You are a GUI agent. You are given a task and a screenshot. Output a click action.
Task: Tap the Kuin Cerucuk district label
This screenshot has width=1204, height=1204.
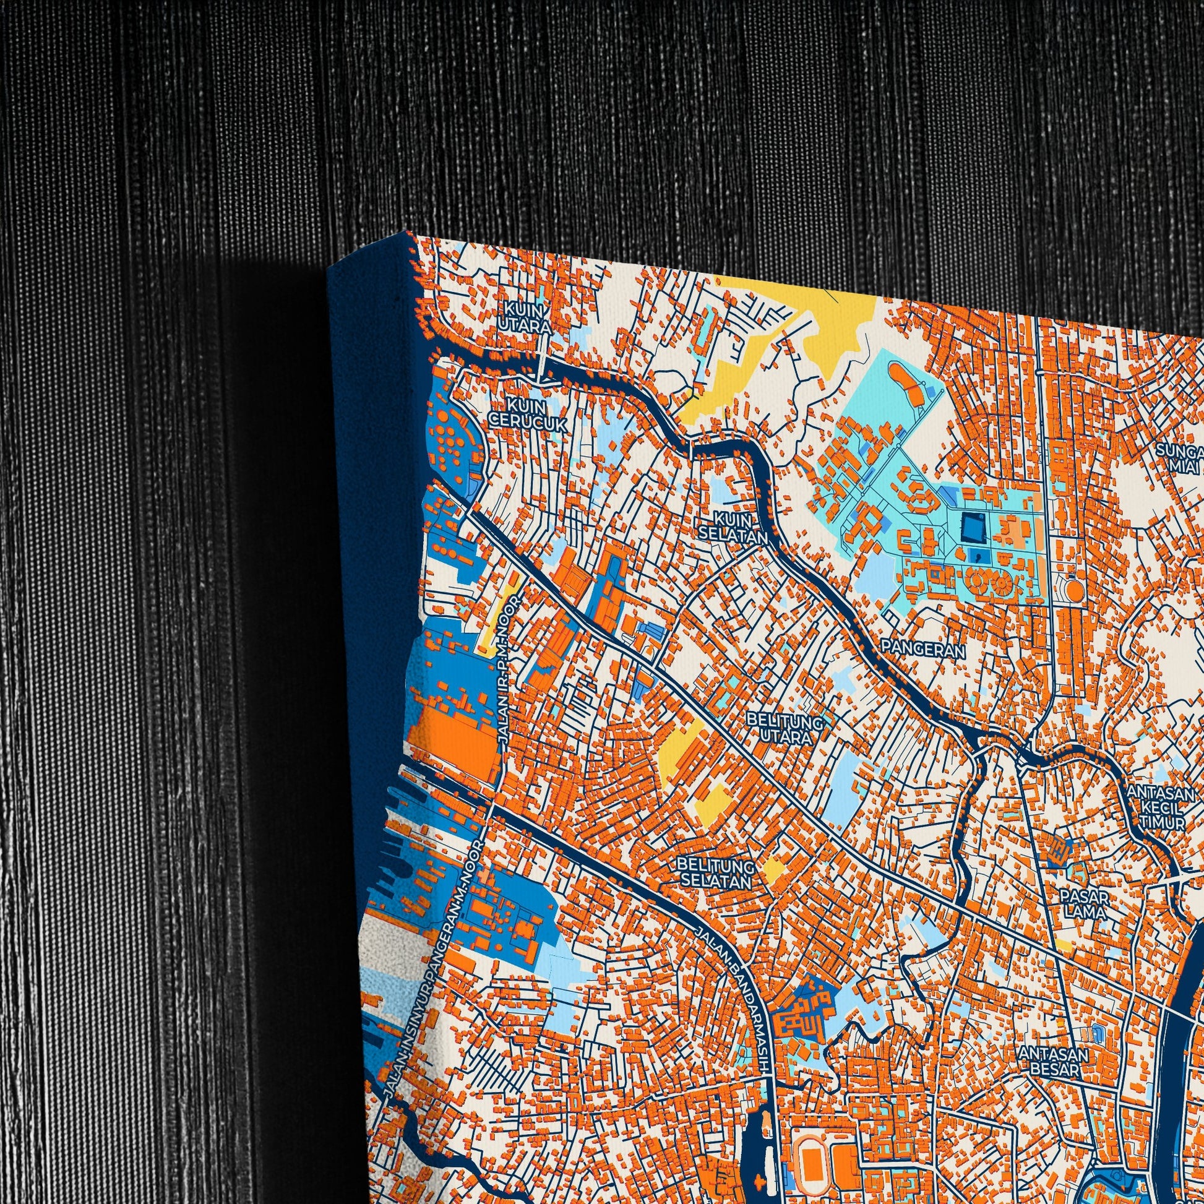[527, 414]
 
